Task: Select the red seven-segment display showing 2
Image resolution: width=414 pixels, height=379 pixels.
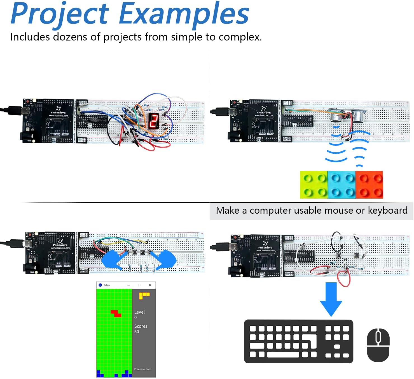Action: pos(153,121)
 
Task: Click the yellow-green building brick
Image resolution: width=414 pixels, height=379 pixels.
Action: pos(314,185)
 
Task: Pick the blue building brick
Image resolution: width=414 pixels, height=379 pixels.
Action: pos(342,185)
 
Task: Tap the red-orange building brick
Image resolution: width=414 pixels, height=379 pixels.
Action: pos(369,185)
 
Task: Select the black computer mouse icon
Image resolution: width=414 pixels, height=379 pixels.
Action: pos(378,345)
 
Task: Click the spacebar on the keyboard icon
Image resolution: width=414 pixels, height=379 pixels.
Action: pos(283,354)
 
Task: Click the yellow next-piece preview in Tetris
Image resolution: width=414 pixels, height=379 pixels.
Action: pos(144,295)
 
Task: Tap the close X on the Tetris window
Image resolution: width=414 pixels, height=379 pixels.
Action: pos(150,285)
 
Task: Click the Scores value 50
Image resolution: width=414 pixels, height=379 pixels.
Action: pos(137,332)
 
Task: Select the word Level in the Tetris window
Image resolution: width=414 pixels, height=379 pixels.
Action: pos(139,312)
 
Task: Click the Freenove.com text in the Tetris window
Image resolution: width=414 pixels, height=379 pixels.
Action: pos(142,369)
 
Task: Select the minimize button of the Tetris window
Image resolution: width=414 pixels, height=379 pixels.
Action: pos(129,285)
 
